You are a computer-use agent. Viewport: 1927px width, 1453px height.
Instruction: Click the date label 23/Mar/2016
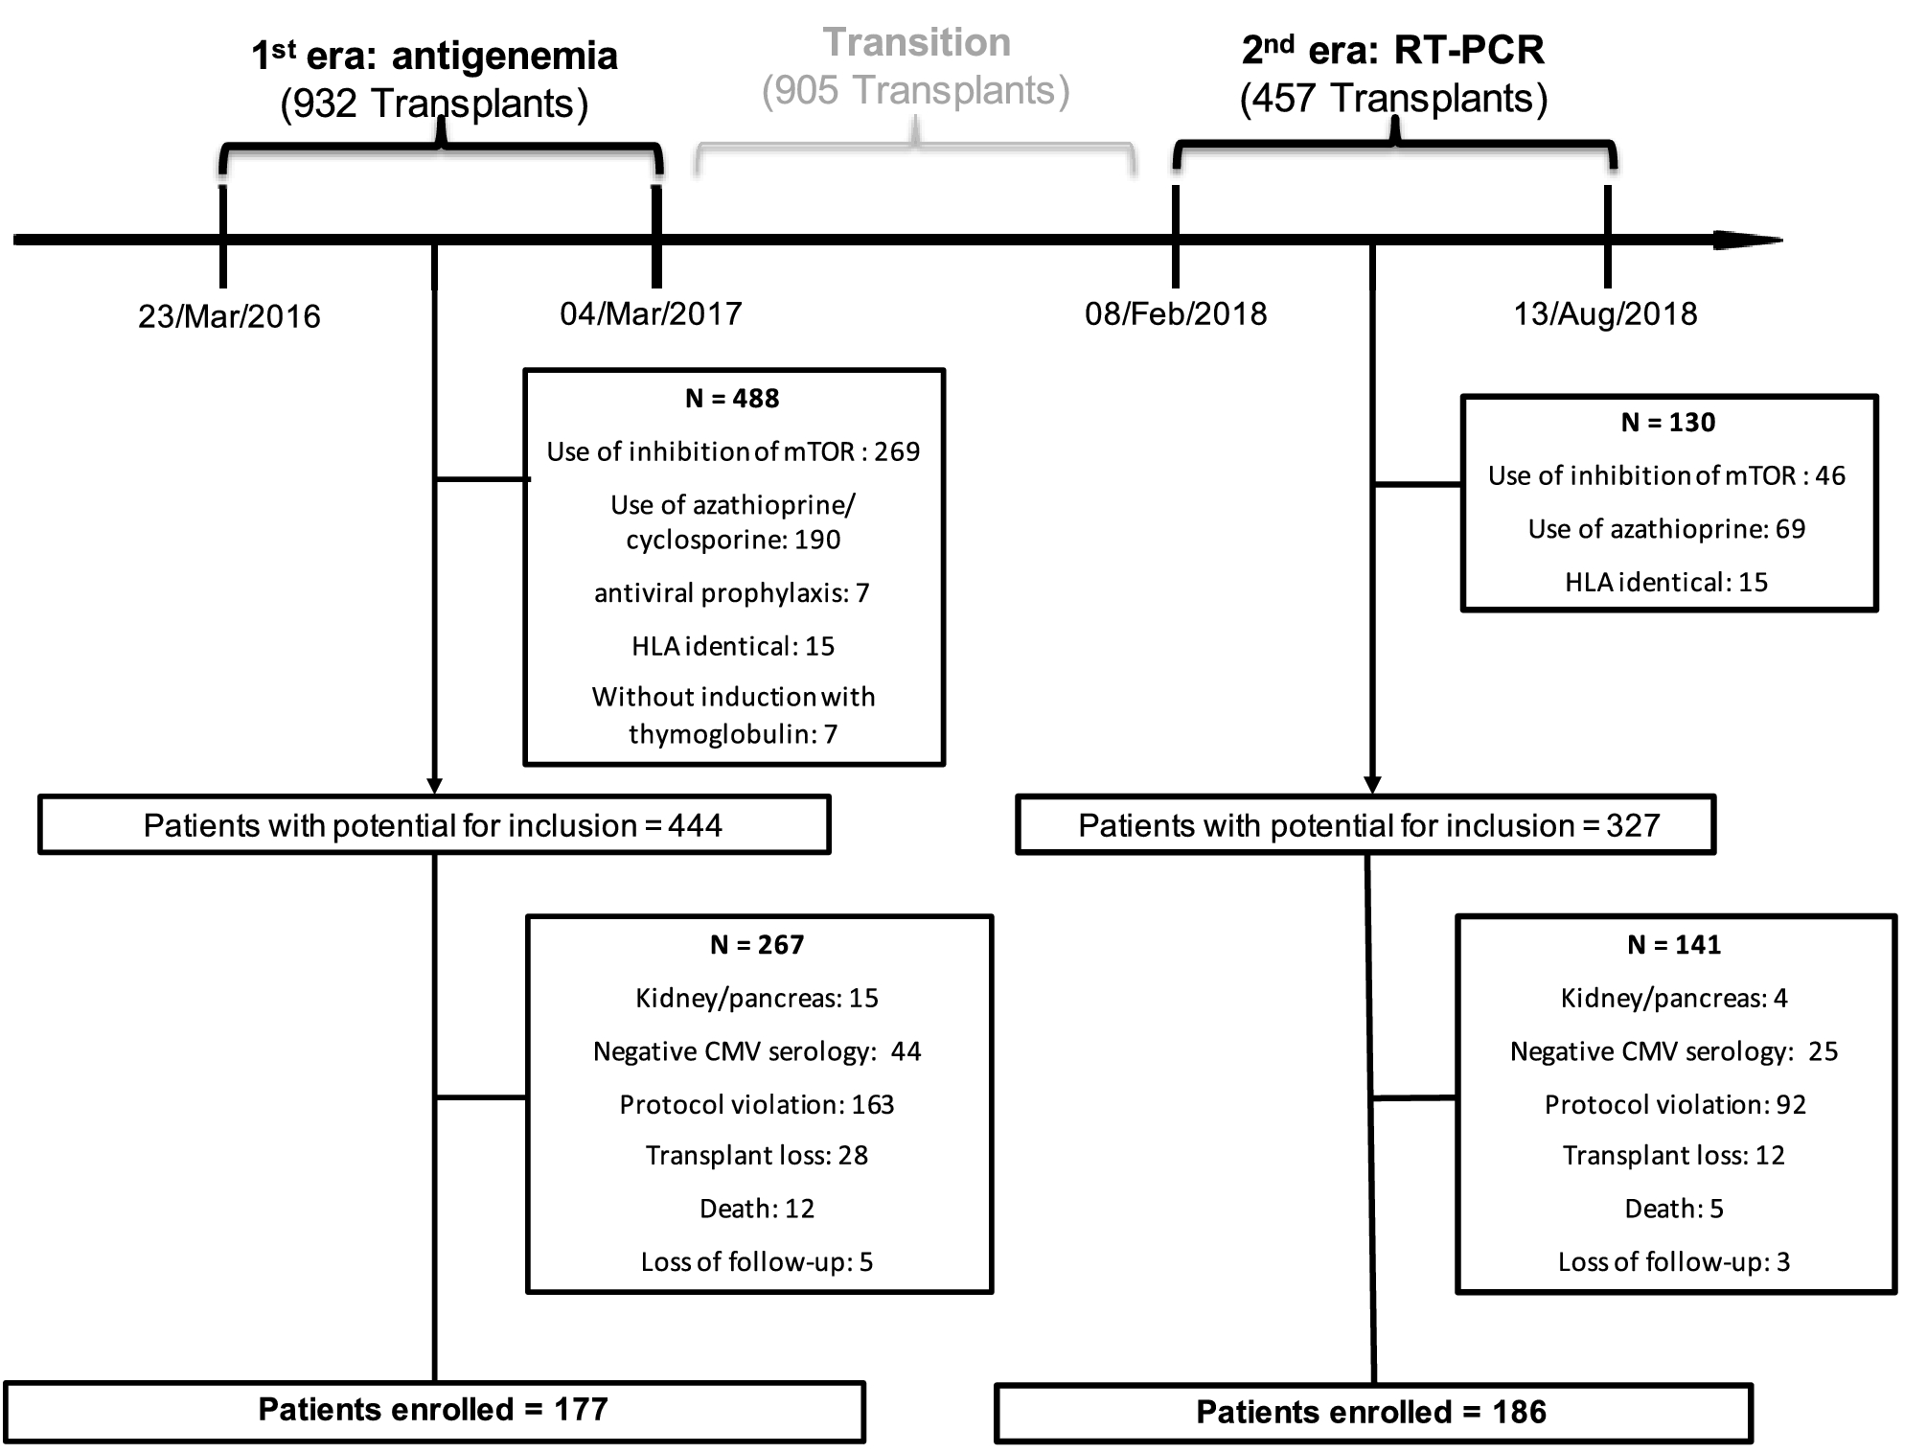pos(229,316)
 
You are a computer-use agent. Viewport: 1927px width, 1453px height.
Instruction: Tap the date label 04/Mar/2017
pos(651,313)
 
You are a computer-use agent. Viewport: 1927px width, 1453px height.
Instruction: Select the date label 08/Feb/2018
pos(1176,313)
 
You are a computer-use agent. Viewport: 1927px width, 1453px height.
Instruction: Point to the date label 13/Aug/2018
pos(1605,313)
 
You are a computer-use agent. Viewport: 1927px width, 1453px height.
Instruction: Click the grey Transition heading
pos(917,43)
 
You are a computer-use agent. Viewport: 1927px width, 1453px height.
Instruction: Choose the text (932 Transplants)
pos(434,104)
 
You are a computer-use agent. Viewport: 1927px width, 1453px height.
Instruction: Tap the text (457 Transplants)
pos(1393,99)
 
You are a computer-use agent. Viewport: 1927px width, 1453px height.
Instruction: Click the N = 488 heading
pos(732,399)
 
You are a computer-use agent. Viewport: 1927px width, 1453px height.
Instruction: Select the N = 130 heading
pos(1667,423)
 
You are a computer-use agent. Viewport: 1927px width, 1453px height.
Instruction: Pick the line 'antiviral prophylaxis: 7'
pos(732,593)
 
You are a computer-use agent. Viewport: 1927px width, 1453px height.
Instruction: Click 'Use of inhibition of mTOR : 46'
pos(1666,475)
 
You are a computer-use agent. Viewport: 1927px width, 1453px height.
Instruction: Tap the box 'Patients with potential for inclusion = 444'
pos(433,825)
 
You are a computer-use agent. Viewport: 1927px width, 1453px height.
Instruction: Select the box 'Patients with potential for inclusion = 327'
pos(1367,825)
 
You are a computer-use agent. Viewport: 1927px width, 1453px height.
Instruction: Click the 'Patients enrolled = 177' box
pos(433,1410)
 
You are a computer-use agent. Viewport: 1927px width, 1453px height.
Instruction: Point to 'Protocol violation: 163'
pos(756,1105)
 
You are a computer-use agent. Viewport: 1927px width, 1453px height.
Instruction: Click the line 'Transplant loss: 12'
pos(1673,1156)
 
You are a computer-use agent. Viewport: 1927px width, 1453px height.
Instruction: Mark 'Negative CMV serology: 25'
pos(1673,1052)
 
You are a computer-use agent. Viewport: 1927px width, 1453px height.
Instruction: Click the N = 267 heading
pos(756,945)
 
